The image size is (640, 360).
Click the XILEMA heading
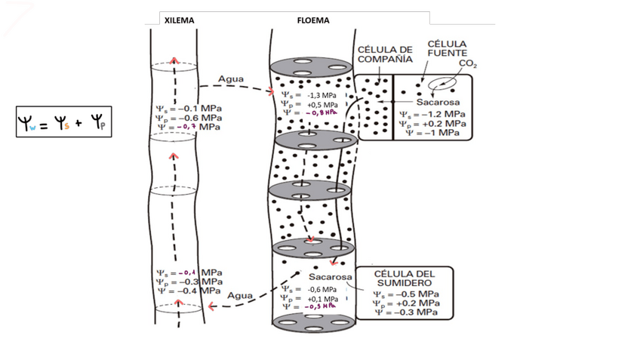click(180, 20)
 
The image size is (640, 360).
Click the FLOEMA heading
click(312, 20)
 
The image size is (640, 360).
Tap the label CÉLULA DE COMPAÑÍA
click(385, 54)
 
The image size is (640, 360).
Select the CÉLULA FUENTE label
click(448, 49)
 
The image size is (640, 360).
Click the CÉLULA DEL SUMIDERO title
click(405, 277)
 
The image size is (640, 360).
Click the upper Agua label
click(230, 79)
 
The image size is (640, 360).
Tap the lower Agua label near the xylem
click(240, 296)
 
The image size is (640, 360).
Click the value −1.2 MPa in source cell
click(442, 115)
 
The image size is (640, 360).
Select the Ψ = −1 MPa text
click(432, 132)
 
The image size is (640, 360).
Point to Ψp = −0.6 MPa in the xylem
click(189, 118)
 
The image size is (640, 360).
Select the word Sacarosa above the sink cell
click(326, 276)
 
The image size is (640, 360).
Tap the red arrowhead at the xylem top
click(174, 60)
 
